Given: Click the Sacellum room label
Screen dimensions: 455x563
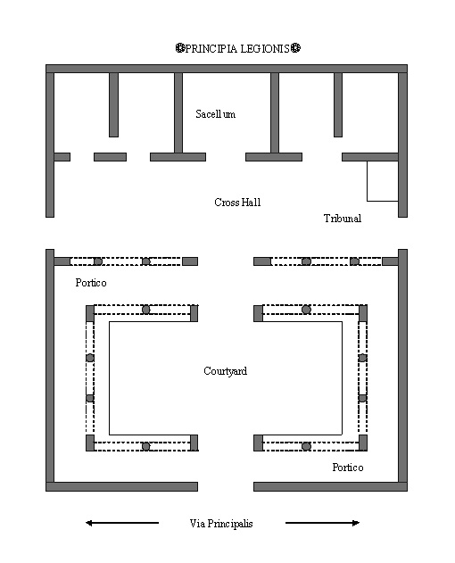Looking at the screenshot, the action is (216, 114).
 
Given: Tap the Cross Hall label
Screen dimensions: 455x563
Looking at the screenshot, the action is (237, 203).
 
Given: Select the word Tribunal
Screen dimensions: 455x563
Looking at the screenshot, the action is (343, 219).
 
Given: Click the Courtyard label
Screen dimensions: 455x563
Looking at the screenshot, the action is (225, 371).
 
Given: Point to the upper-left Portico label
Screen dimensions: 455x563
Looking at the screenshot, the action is (91, 283).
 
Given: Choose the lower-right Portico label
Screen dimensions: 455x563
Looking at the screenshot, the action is (348, 468).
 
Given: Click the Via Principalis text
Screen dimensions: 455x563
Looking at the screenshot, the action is (221, 524).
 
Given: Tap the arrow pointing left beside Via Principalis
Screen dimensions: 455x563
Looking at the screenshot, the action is (122, 523).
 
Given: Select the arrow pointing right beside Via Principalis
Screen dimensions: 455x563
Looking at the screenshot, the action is (322, 523).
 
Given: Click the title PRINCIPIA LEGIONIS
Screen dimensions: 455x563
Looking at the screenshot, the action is (237, 48).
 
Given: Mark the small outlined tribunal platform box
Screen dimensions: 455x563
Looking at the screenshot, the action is (383, 181).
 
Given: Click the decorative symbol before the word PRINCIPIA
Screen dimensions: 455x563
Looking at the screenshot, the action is (180, 48).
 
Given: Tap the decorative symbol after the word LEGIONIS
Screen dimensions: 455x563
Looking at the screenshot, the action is (295, 48).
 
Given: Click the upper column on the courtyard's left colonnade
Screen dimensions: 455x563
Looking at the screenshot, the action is (90, 358).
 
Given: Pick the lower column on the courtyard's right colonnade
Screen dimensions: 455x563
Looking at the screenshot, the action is (362, 398).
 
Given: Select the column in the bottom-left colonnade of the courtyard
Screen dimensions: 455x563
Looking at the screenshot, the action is (145, 446).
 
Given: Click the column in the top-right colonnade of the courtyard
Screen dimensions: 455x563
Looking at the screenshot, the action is (306, 309).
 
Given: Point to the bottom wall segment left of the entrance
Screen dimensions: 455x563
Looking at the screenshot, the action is (121, 486).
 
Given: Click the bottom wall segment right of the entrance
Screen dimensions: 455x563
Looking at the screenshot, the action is (330, 486).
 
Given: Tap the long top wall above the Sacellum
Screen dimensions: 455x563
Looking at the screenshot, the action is (227, 69).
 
